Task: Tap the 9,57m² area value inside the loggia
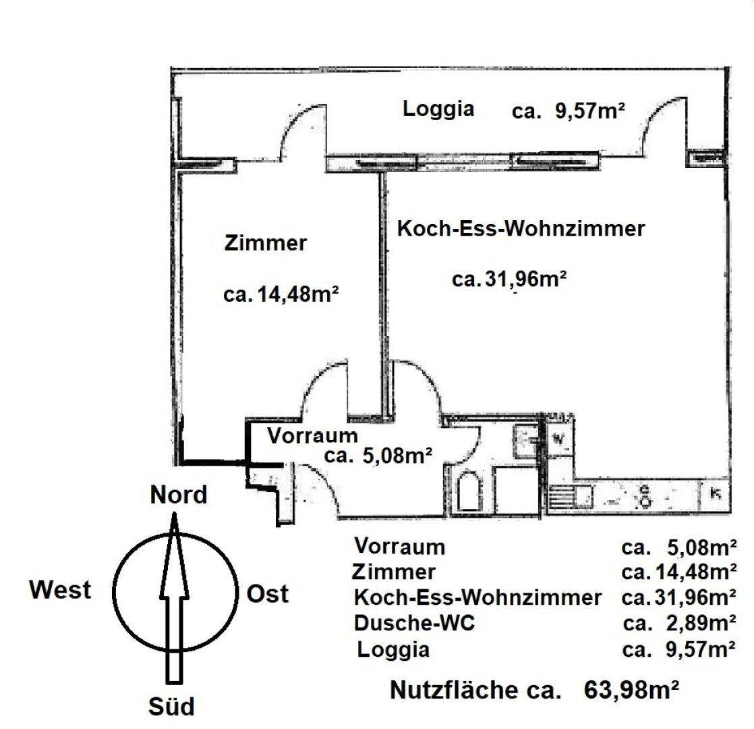pyautogui.click(x=589, y=111)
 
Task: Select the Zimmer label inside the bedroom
pyautogui.click(x=265, y=243)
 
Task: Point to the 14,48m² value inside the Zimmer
pyautogui.click(x=298, y=294)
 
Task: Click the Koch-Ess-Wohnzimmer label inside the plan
pyautogui.click(x=521, y=229)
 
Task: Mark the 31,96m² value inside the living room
pyautogui.click(x=525, y=279)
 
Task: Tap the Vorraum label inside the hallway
pyautogui.click(x=312, y=436)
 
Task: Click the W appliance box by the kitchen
pyautogui.click(x=559, y=439)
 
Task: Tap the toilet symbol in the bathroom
pyautogui.click(x=469, y=491)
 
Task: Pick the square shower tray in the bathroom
pyautogui.click(x=515, y=490)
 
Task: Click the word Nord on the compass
pyautogui.click(x=179, y=495)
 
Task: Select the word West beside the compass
pyautogui.click(x=60, y=589)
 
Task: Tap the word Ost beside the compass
pyautogui.click(x=268, y=594)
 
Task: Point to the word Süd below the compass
pyautogui.click(x=172, y=706)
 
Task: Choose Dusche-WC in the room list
pyautogui.click(x=414, y=623)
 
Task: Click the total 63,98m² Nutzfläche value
pyautogui.click(x=631, y=690)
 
